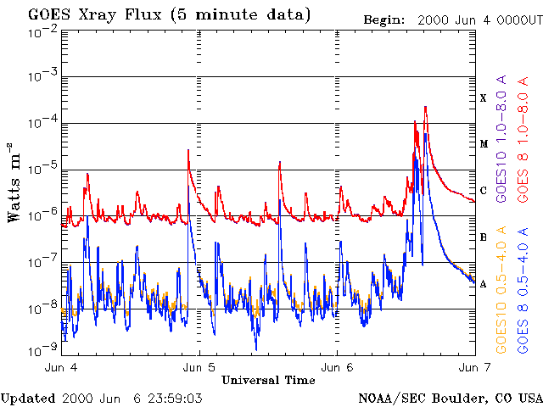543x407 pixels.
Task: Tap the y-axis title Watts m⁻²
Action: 14,182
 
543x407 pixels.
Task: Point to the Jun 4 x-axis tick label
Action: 61,368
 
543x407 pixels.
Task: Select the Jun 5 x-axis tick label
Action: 199,368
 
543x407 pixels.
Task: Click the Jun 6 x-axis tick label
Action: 337,368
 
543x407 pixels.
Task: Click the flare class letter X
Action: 484,98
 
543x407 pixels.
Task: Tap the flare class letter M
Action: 484,144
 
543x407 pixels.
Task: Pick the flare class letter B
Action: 484,237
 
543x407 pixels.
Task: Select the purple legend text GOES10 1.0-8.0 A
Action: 501,136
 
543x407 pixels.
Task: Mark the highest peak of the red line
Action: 425,107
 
